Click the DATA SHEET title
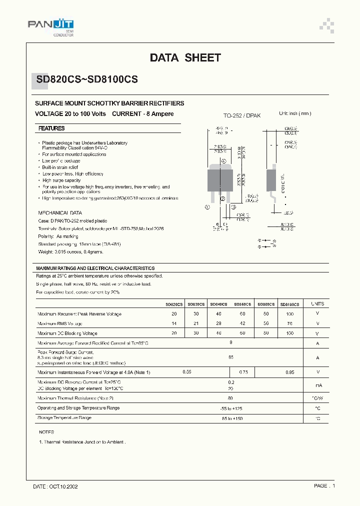point(185,58)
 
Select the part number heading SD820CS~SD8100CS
point(86,79)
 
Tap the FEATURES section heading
point(51,128)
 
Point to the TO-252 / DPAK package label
point(242,115)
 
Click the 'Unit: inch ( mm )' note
point(295,114)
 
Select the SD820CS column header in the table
point(174,304)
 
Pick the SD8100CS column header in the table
point(289,304)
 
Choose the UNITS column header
point(317,303)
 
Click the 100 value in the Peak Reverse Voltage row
point(289,314)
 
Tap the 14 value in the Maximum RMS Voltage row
point(174,323)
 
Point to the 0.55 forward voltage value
point(187,372)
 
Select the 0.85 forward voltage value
point(290,372)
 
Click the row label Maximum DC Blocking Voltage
point(67,333)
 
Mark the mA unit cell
point(317,385)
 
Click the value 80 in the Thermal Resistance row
point(230,398)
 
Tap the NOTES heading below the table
point(46,431)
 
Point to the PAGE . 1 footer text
point(324,485)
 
